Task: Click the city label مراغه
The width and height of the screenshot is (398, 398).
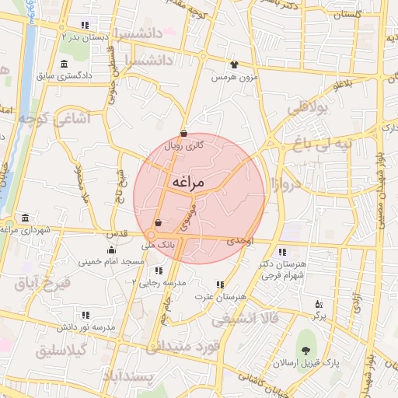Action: pos(186,182)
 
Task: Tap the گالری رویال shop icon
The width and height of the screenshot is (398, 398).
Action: pos(183,133)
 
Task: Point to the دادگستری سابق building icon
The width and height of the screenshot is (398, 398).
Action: pos(63,63)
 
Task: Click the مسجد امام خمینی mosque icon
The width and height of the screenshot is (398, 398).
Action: pos(112,250)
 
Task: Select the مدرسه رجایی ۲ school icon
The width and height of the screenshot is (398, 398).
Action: pos(159,271)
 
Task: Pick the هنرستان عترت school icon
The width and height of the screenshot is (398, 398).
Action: pos(221,285)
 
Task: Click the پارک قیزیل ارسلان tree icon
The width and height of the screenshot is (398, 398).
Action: pos(305,351)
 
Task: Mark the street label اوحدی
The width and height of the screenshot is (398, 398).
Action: pos(240,243)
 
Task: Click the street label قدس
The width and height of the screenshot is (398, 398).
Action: pos(116,233)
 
